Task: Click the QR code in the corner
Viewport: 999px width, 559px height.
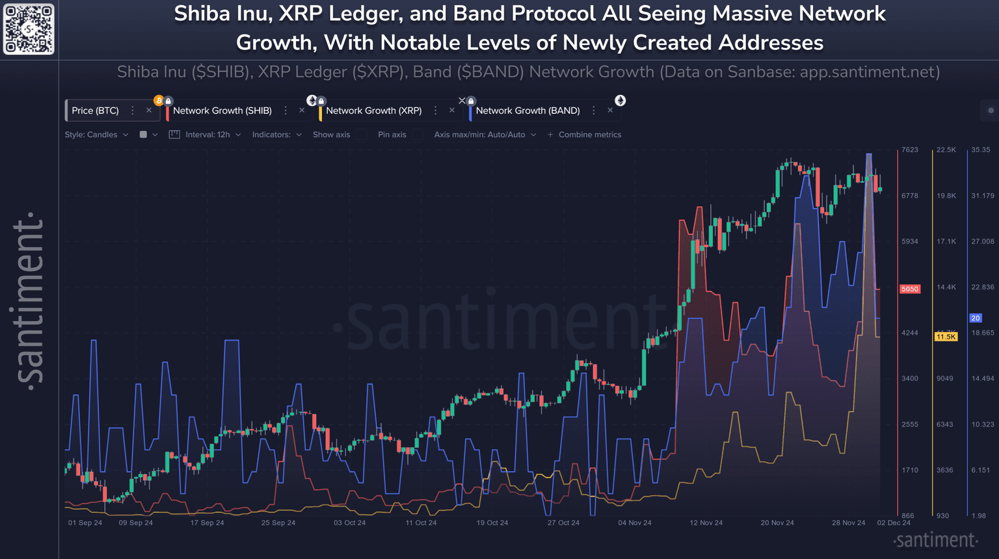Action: click(29, 29)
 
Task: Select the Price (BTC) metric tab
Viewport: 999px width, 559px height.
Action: click(96, 110)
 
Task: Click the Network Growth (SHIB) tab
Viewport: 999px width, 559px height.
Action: click(222, 110)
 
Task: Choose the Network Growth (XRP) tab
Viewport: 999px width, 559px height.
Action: click(374, 110)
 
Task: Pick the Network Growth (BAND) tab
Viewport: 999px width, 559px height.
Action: click(527, 110)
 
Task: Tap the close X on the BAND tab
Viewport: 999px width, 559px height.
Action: click(610, 110)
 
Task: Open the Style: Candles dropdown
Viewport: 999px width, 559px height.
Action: click(96, 135)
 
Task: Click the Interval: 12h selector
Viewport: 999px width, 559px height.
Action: click(207, 135)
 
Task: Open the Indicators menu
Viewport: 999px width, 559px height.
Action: click(276, 135)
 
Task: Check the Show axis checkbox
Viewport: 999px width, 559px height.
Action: click(362, 135)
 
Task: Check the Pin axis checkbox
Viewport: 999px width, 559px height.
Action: click(418, 135)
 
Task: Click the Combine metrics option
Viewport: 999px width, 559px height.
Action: click(584, 135)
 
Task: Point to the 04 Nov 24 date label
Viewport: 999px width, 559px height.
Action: click(635, 523)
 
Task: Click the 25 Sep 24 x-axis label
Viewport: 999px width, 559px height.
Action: click(278, 523)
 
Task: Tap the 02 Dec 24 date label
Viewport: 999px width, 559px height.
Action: click(894, 523)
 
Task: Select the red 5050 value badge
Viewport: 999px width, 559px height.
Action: click(910, 289)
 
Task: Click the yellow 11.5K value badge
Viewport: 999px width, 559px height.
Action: click(946, 337)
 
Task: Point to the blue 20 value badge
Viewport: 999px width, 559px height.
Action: click(976, 318)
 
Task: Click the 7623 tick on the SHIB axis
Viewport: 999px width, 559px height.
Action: click(910, 150)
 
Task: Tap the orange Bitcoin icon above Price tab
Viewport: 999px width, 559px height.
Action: click(159, 101)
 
